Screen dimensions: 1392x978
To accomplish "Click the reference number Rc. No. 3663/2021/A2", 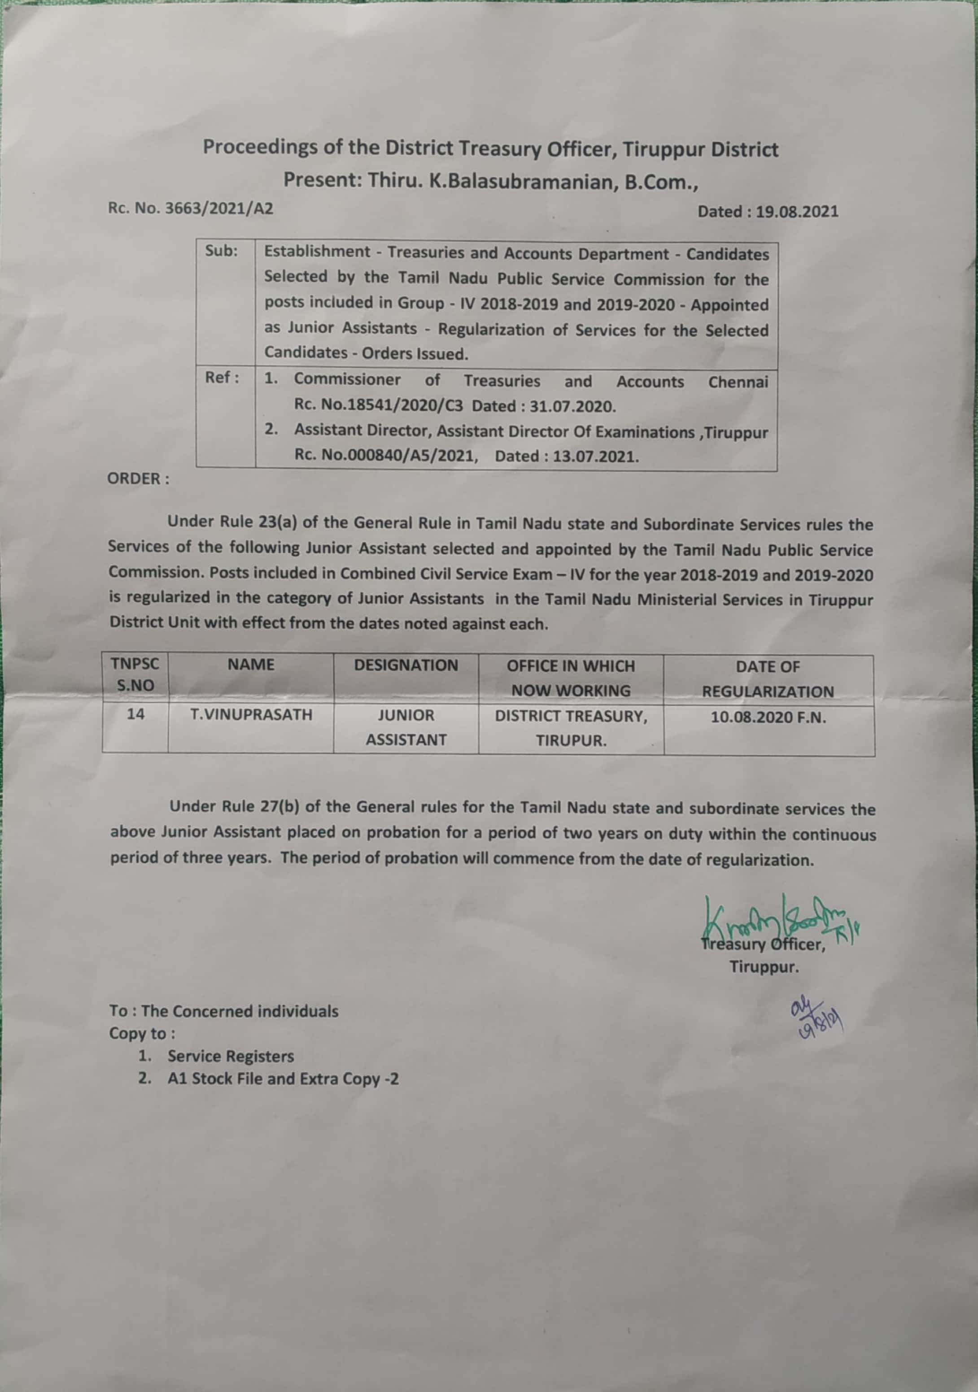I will [190, 209].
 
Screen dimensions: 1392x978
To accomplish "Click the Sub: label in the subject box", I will [221, 251].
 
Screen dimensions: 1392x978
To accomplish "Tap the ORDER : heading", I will [138, 478].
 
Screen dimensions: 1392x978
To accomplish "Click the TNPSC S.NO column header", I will [135, 675].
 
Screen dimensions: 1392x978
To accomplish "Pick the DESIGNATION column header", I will [406, 666].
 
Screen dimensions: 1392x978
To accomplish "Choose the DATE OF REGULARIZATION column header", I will [768, 679].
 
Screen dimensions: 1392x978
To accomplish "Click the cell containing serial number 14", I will [135, 714].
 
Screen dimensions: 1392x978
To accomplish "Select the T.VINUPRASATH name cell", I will [251, 715].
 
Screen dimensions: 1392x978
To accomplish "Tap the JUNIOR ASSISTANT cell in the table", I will [406, 727].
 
